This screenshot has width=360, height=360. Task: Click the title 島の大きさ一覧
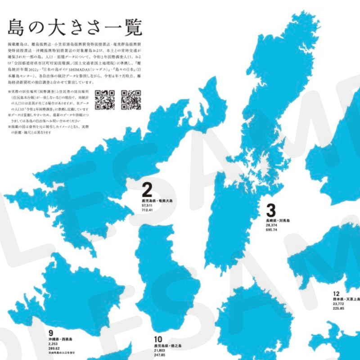click(75, 28)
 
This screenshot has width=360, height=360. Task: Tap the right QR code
click(131, 100)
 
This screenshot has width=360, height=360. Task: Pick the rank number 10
click(157, 340)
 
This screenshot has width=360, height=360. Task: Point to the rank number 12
click(336, 294)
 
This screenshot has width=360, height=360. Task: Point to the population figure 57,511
click(147, 206)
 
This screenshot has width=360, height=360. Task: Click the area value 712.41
click(148, 210)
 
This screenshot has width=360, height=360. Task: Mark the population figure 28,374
click(271, 225)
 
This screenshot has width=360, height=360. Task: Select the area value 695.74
click(271, 230)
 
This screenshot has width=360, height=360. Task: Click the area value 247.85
click(160, 355)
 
